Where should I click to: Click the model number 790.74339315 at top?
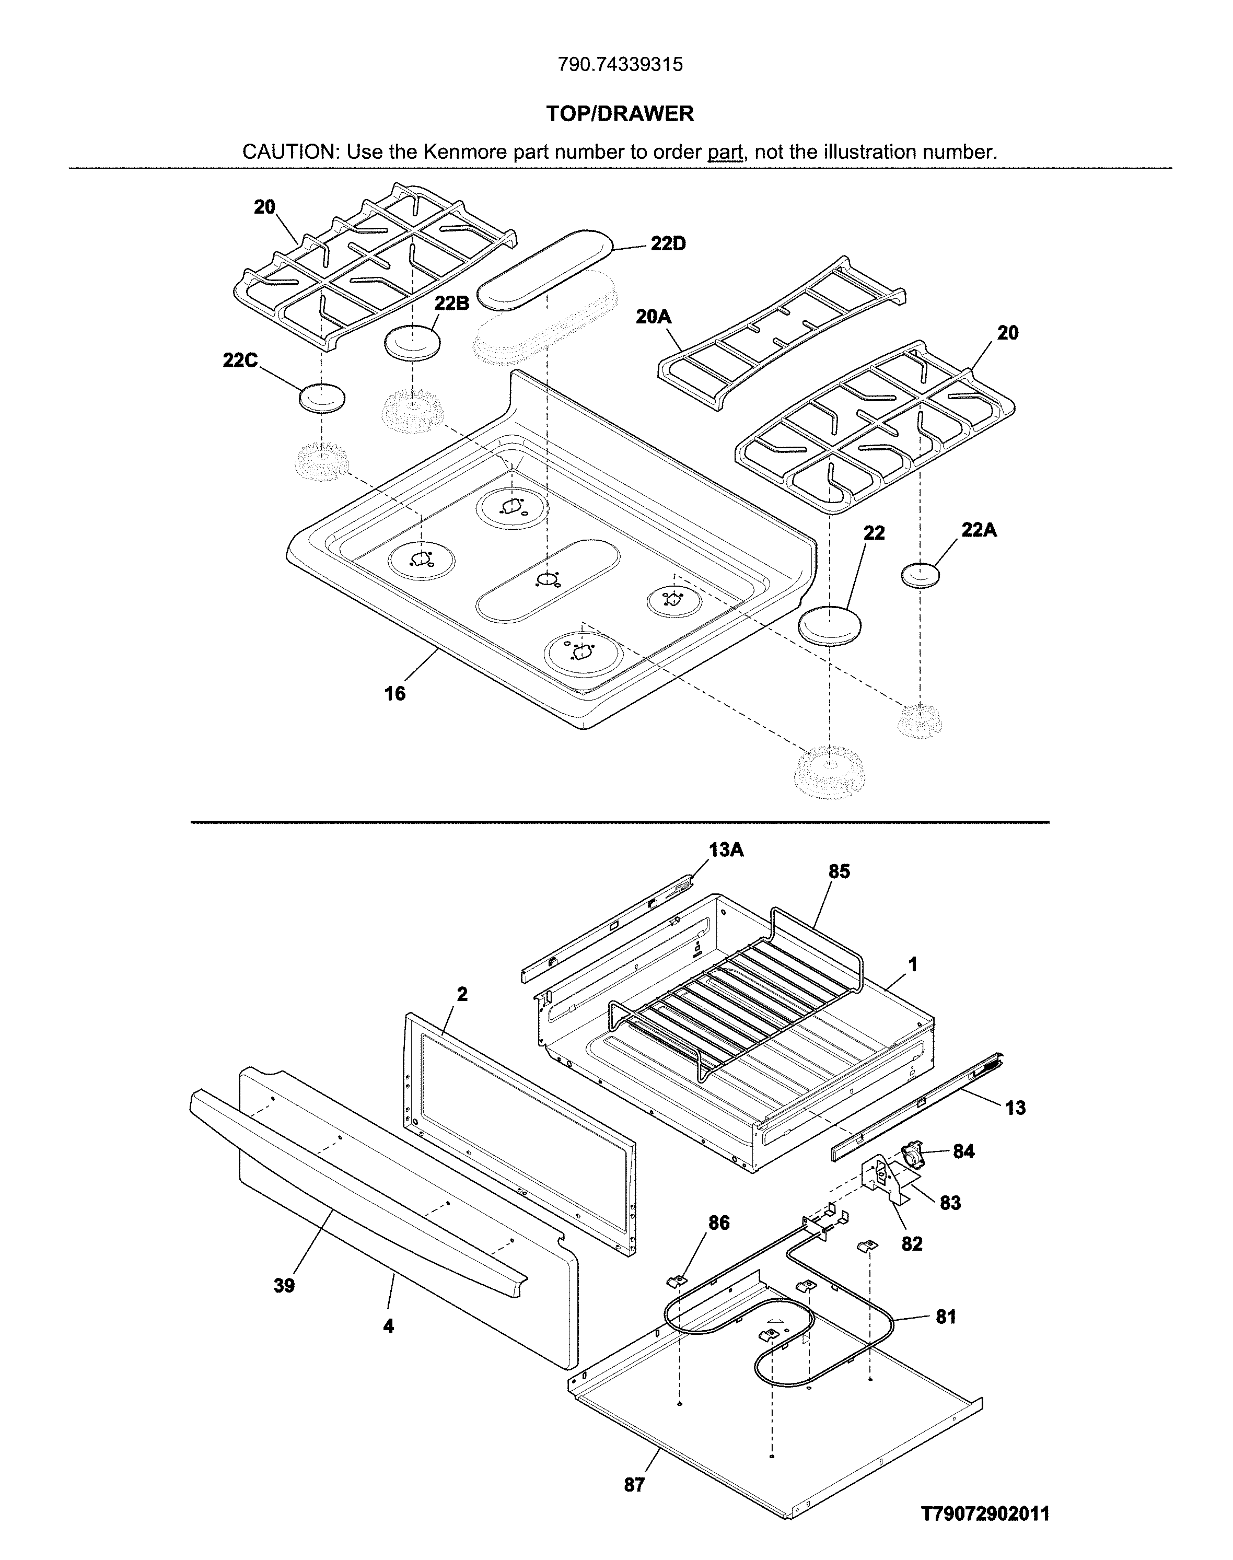pyautogui.click(x=620, y=65)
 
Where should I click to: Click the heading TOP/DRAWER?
pyautogui.click(x=620, y=113)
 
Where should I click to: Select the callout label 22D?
pyautogui.click(x=668, y=244)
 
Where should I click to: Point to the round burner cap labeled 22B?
pyautogui.click(x=413, y=342)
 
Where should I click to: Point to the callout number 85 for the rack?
pyautogui.click(x=839, y=872)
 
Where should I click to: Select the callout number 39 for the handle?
pyautogui.click(x=284, y=1286)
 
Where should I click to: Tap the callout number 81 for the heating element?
pyautogui.click(x=946, y=1318)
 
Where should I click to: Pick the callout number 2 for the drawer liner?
pyautogui.click(x=462, y=994)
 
